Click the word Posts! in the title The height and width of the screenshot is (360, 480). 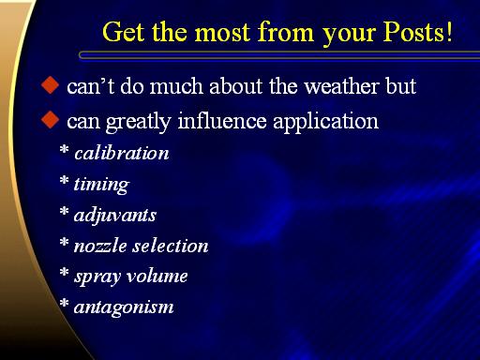click(418, 32)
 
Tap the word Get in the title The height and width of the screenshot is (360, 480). click(123, 32)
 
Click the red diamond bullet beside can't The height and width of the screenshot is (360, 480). click(50, 85)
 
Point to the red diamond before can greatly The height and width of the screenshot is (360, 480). click(50, 120)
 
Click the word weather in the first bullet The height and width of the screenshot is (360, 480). click(341, 86)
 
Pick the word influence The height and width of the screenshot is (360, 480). click(222, 121)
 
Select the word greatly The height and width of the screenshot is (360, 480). click(139, 123)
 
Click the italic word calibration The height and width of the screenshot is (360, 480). click(122, 153)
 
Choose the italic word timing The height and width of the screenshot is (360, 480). click(101, 185)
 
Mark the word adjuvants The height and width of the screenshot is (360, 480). click(115, 216)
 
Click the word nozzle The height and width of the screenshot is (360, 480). click(100, 246)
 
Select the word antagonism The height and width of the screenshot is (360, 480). click(124, 307)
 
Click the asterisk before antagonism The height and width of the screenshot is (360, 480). click(64, 303)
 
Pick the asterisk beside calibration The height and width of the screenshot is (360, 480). click(64, 149)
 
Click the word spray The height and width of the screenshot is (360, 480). click(97, 277)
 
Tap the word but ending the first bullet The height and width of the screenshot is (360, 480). click(401, 86)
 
